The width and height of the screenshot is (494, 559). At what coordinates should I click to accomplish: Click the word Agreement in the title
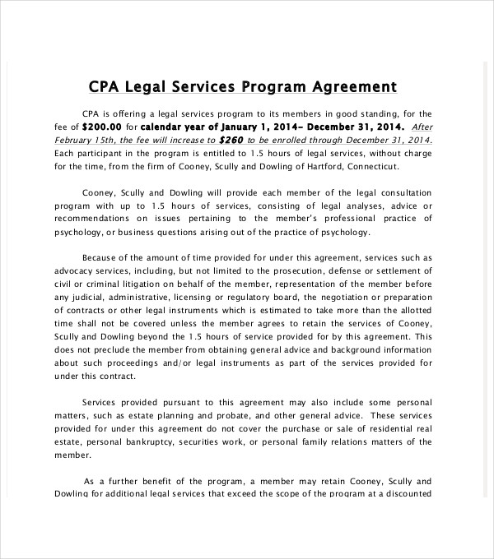click(x=356, y=86)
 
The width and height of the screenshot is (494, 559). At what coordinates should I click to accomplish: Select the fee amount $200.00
click(x=102, y=127)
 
